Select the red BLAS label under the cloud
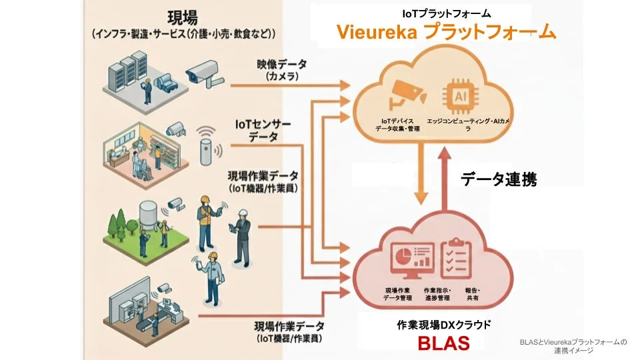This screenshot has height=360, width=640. click(443, 343)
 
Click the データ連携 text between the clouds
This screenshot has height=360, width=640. click(499, 179)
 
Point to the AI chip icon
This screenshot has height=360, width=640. click(459, 94)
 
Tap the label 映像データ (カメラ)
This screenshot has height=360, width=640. click(282, 71)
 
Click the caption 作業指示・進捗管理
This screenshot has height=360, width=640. click(437, 294)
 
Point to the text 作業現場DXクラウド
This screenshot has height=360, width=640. click(443, 325)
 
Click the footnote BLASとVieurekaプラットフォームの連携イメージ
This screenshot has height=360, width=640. click(573, 346)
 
